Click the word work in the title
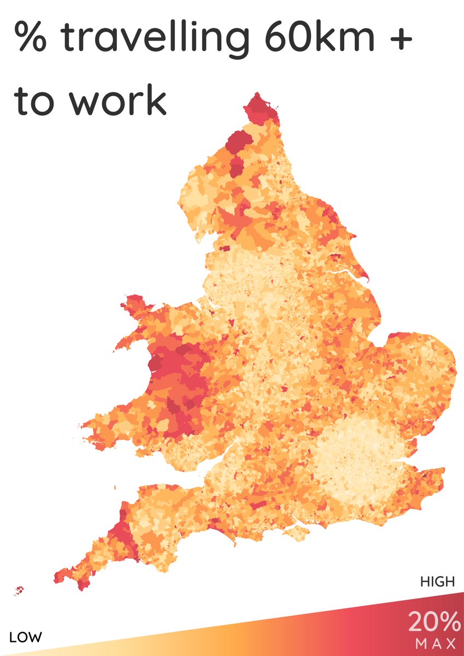click(x=118, y=101)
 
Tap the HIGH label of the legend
click(x=437, y=582)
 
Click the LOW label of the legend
click(x=26, y=637)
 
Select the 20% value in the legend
click(x=434, y=622)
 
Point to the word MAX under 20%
click(x=435, y=641)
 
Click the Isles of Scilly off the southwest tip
click(x=20, y=590)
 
